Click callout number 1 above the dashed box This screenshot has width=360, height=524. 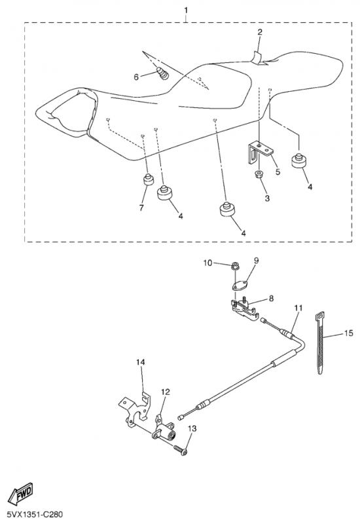tap(186, 10)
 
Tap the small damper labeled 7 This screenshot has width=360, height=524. tap(149, 179)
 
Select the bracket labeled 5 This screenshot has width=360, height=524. tap(261, 151)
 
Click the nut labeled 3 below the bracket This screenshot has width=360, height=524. tap(259, 174)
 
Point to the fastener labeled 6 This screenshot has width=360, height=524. tap(162, 73)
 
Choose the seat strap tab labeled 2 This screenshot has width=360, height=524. tap(259, 58)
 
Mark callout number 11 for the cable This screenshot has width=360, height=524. tap(298, 308)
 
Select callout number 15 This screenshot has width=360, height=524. tap(348, 333)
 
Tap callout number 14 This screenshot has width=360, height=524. tap(141, 362)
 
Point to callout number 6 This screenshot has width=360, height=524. tap(136, 77)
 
